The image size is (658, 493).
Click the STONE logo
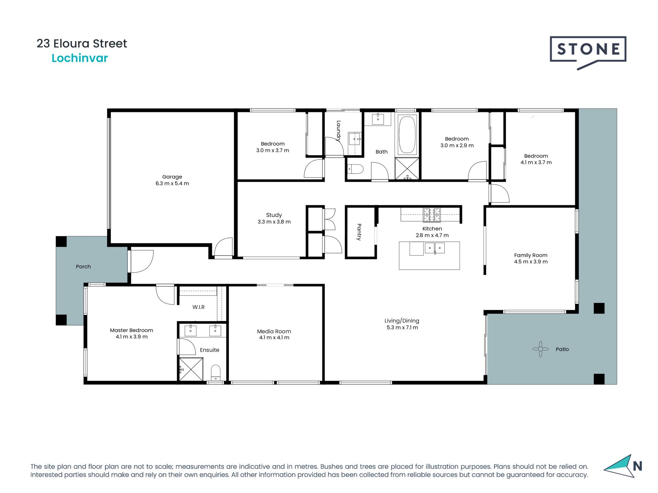point(588,52)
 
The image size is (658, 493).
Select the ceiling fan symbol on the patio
point(540,349)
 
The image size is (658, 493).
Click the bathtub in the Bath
point(407,135)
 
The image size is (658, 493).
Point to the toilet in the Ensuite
point(216,372)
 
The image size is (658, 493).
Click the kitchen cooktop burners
point(432,215)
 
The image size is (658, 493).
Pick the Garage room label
point(172,177)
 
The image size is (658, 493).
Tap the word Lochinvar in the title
point(80,58)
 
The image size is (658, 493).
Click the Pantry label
point(359,232)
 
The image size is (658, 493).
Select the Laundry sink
point(355,139)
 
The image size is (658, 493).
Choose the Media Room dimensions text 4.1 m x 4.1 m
point(274,338)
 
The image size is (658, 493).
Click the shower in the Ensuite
point(191,369)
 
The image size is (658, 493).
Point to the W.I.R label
point(198,307)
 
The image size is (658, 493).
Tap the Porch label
point(83,266)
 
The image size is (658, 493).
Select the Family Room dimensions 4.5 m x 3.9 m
point(531,262)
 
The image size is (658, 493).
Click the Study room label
point(274,215)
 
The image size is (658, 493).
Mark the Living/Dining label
point(402,321)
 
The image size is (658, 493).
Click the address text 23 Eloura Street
point(82,43)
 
